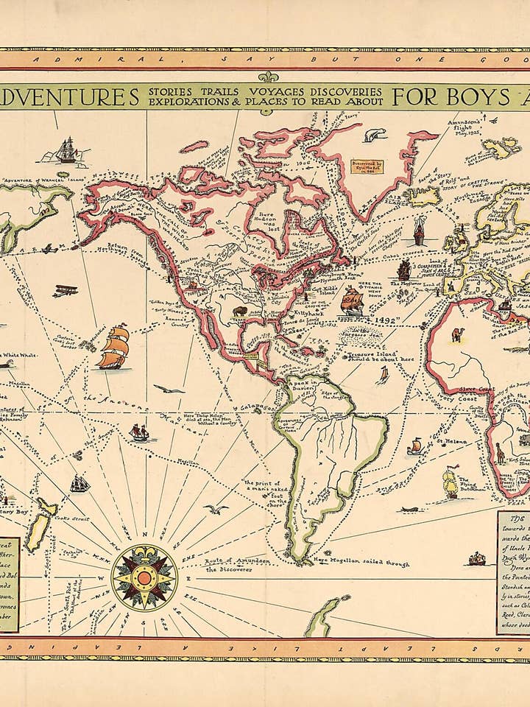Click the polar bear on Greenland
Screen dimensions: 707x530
click(375, 135)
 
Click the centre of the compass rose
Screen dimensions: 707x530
click(144, 577)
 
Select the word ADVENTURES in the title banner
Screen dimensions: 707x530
click(69, 96)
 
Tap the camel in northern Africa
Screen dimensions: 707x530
click(458, 334)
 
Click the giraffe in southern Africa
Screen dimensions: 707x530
click(501, 451)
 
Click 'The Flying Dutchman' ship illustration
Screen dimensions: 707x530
click(451, 482)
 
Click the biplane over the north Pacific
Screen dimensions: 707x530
click(65, 290)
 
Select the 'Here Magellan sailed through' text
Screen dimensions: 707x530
click(362, 563)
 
